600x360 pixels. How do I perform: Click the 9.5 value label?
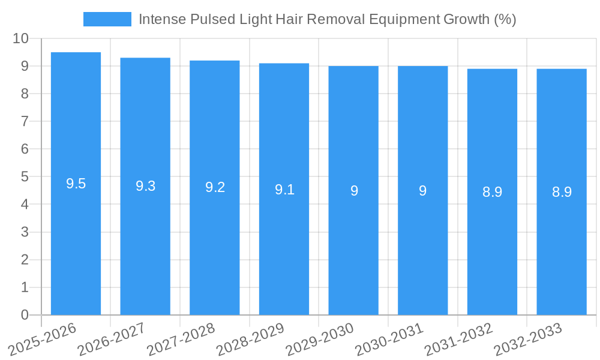point(76,184)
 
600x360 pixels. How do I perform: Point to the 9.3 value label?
point(145,187)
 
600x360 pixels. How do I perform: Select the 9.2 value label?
point(215,188)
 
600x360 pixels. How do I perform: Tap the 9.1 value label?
point(284,190)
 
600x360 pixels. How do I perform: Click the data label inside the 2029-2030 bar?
point(354,191)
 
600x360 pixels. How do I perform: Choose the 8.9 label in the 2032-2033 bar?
point(562,192)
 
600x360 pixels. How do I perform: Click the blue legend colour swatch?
point(107,19)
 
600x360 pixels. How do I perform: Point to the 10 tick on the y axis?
point(20,38)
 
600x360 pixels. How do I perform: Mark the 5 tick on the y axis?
point(25,177)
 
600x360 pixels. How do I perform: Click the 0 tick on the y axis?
point(25,315)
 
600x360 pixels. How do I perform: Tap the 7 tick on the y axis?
point(25,121)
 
